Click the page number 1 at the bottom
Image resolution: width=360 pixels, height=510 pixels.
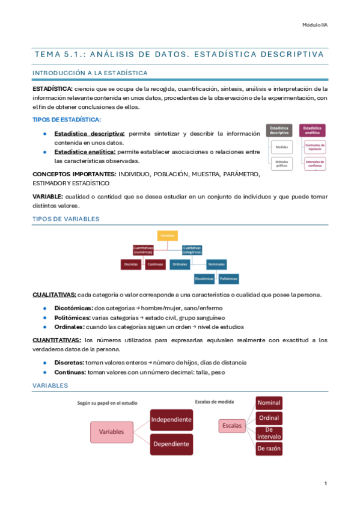[x=325, y=484]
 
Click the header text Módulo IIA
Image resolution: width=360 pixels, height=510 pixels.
[x=314, y=24]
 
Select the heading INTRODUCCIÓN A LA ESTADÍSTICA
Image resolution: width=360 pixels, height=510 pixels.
[x=90, y=73]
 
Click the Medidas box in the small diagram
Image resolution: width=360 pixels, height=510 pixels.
[x=281, y=146]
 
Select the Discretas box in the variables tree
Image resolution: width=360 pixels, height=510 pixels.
[x=131, y=264]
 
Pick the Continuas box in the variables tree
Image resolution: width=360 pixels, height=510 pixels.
[x=159, y=264]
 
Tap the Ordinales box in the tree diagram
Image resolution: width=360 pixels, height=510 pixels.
[x=181, y=264]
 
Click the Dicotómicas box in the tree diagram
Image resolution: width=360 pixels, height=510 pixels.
[x=204, y=278]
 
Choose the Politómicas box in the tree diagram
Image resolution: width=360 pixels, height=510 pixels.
[x=229, y=278]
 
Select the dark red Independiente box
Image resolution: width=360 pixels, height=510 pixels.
[x=171, y=419]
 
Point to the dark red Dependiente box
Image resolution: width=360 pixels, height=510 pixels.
[x=171, y=444]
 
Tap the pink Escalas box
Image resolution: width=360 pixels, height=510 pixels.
[x=232, y=426]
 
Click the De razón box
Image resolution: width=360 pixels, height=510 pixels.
[x=269, y=448]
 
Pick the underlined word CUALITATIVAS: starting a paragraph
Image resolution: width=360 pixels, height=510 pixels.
[x=54, y=295]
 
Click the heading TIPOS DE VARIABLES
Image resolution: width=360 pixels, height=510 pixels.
[x=66, y=219]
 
